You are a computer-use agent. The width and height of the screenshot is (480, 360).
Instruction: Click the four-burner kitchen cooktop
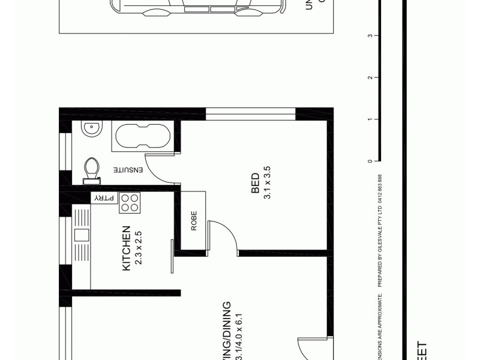click(130, 203)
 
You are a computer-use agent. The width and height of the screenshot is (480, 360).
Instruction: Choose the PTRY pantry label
click(101, 198)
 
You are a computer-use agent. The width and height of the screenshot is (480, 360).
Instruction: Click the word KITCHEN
click(127, 248)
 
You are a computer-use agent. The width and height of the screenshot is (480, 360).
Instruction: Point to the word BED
click(256, 183)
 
